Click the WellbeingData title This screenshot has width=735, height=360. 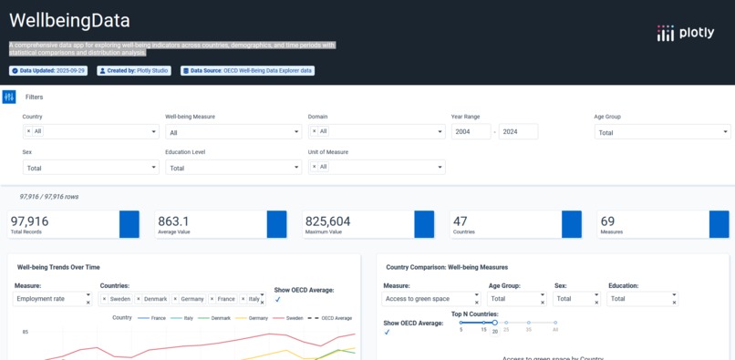coord(69,20)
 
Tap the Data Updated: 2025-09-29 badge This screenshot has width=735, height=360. coord(48,70)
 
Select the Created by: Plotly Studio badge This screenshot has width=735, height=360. coord(133,70)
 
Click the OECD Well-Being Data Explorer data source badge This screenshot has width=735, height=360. coord(247,70)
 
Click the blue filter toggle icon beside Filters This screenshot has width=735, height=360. coord(8,97)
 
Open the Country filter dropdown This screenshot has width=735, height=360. coord(90,131)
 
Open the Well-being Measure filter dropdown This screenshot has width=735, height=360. coord(233,132)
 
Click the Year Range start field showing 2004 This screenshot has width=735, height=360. coord(470,131)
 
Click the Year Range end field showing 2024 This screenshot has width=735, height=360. coord(518,131)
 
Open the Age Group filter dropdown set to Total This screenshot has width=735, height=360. coord(661,132)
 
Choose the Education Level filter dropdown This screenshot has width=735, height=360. coord(233,168)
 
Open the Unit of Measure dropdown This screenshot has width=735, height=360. coord(376,167)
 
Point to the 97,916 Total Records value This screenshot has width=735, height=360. coord(29,221)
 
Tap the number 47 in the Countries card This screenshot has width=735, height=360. coord(461,221)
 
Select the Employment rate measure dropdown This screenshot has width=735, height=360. coord(52,299)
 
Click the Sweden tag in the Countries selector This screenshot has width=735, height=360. coord(119,299)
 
